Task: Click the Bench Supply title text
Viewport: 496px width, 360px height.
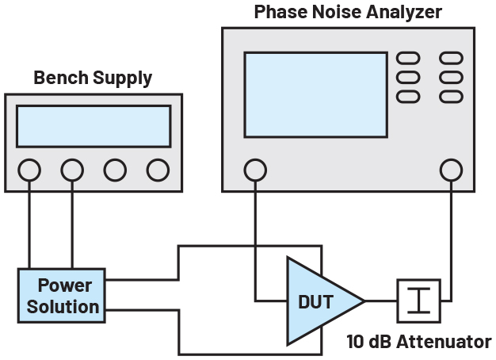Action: click(93, 78)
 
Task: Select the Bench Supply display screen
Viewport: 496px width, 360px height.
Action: click(93, 126)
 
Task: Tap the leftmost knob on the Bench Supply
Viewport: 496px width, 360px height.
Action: click(29, 169)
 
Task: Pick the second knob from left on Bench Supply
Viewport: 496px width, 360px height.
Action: click(72, 169)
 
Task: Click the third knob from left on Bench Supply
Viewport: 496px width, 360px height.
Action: click(115, 169)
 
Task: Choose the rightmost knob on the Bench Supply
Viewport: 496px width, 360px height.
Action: click(158, 169)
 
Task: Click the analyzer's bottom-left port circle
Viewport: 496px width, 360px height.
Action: click(255, 169)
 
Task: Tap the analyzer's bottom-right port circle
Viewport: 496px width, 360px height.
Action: click(452, 169)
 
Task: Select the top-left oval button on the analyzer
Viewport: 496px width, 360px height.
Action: click(407, 59)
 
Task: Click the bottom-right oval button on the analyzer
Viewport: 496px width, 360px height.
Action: click(451, 96)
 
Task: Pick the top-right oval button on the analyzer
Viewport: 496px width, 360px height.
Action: click(451, 59)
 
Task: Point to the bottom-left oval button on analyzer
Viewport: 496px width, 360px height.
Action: click(407, 96)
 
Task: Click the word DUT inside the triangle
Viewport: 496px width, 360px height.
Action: click(316, 301)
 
